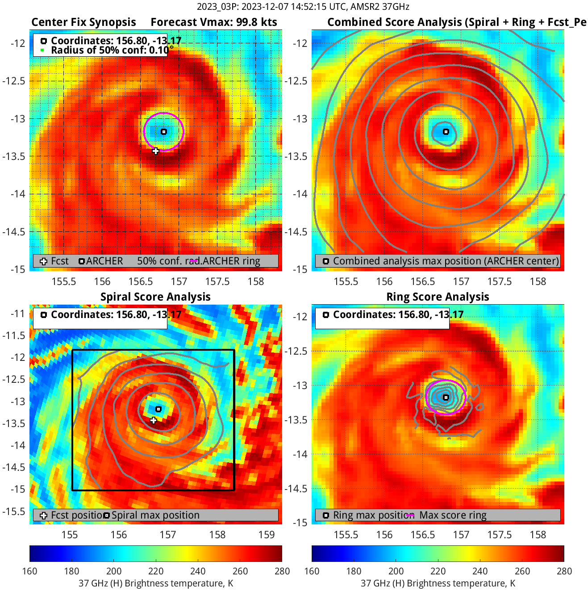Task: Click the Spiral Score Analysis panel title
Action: pyautogui.click(x=155, y=297)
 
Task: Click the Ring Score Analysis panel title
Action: pyautogui.click(x=438, y=297)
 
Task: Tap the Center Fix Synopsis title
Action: pyautogui.click(x=83, y=22)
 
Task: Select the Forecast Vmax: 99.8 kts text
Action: pyautogui.click(x=213, y=22)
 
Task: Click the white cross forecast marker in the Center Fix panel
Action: pyautogui.click(x=155, y=151)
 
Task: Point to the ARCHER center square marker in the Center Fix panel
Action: pyautogui.click(x=164, y=132)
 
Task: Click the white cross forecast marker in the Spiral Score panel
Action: pyautogui.click(x=154, y=420)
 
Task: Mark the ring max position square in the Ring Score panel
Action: pyautogui.click(x=446, y=398)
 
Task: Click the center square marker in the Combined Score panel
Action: pyautogui.click(x=446, y=132)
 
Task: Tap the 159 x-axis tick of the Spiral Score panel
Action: pyautogui.click(x=267, y=535)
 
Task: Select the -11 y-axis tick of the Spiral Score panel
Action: pyautogui.click(x=18, y=314)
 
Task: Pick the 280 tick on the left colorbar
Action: pyautogui.click(x=282, y=571)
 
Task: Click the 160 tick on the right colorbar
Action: pyautogui.click(x=312, y=571)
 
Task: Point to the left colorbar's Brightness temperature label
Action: pyautogui.click(x=156, y=583)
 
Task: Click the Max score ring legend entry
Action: pyautogui.click(x=452, y=515)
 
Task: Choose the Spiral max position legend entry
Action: pyautogui.click(x=155, y=515)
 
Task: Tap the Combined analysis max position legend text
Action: pyautogui.click(x=446, y=261)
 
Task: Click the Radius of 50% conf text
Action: pyautogui.click(x=109, y=50)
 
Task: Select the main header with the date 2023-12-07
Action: pyautogui.click(x=303, y=7)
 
